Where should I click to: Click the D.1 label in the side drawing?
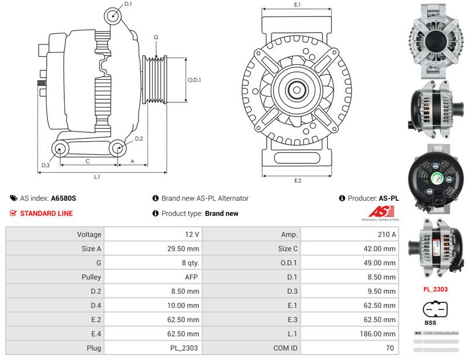pos(128,4)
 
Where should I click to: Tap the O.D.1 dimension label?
pos(195,80)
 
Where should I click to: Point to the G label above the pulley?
pos(156,37)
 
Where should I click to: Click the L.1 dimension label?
pos(97,176)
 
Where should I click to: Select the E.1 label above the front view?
pos(297,5)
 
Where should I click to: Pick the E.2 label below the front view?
pos(297,180)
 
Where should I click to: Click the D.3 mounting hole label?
pos(46,166)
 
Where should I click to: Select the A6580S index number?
pos(64,198)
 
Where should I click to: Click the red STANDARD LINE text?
pos(46,214)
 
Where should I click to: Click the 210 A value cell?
pos(349,234)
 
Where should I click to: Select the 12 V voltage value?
pos(153,234)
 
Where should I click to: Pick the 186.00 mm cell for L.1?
pos(349,334)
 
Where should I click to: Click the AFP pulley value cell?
pos(153,277)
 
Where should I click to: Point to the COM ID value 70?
pos(349,348)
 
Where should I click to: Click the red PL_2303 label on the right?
pos(435,289)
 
